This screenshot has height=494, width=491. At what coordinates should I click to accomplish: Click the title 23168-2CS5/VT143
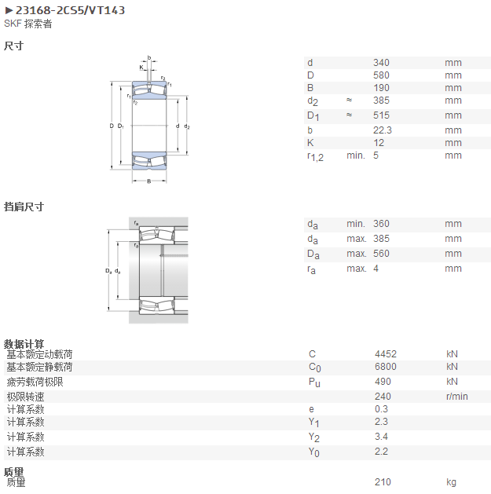[70, 10]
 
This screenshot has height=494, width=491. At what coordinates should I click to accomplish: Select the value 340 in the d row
[381, 63]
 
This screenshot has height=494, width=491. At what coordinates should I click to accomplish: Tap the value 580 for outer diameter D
[381, 75]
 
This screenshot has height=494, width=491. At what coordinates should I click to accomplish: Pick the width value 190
[381, 88]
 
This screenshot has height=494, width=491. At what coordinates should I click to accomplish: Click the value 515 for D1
[381, 115]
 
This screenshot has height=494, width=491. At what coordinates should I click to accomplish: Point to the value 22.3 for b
[383, 130]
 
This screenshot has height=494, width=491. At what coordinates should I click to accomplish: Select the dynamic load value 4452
[386, 354]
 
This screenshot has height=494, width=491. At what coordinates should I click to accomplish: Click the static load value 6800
[386, 367]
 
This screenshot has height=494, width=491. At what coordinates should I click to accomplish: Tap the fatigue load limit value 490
[383, 382]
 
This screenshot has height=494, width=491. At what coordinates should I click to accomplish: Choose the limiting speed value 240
[383, 397]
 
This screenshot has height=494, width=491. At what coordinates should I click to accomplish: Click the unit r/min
[456, 397]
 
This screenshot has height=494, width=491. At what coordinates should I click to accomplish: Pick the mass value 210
[383, 482]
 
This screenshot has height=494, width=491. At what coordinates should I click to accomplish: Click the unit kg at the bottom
[451, 482]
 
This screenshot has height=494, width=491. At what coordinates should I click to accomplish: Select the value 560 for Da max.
[381, 254]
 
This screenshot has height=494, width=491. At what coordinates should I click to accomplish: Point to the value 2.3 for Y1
[381, 422]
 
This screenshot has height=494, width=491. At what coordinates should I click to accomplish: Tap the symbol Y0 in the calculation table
[314, 452]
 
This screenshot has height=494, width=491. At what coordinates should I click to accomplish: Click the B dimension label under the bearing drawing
[149, 181]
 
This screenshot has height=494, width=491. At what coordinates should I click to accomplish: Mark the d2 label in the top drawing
[187, 126]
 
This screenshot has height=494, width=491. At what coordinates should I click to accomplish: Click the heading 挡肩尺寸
[24, 207]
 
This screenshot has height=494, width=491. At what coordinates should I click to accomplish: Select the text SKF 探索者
[28, 24]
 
